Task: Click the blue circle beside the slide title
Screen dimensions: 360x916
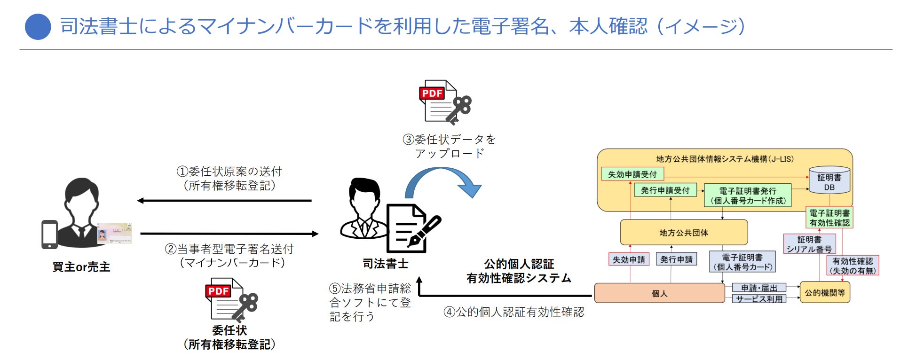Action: (38, 27)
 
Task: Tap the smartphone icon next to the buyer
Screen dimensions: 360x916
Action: (49, 234)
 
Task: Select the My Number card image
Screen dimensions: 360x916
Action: (115, 233)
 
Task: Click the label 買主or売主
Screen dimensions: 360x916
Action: (81, 267)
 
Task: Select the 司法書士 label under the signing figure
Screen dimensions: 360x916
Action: (385, 264)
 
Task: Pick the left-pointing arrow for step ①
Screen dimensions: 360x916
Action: (224, 201)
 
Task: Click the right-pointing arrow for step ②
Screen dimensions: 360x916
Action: (229, 234)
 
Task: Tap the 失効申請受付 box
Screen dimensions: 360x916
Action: (632, 174)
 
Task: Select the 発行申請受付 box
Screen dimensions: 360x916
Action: (665, 190)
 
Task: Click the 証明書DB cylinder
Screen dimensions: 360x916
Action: (829, 180)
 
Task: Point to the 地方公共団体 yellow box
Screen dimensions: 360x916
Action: (684, 233)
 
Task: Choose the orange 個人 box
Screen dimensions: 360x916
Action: (659, 293)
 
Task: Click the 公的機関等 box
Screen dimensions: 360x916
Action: (825, 293)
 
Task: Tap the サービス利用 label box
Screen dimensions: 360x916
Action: (759, 299)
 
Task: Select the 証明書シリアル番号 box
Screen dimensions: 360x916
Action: (809, 244)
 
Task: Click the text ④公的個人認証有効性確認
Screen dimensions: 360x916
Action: (514, 312)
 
